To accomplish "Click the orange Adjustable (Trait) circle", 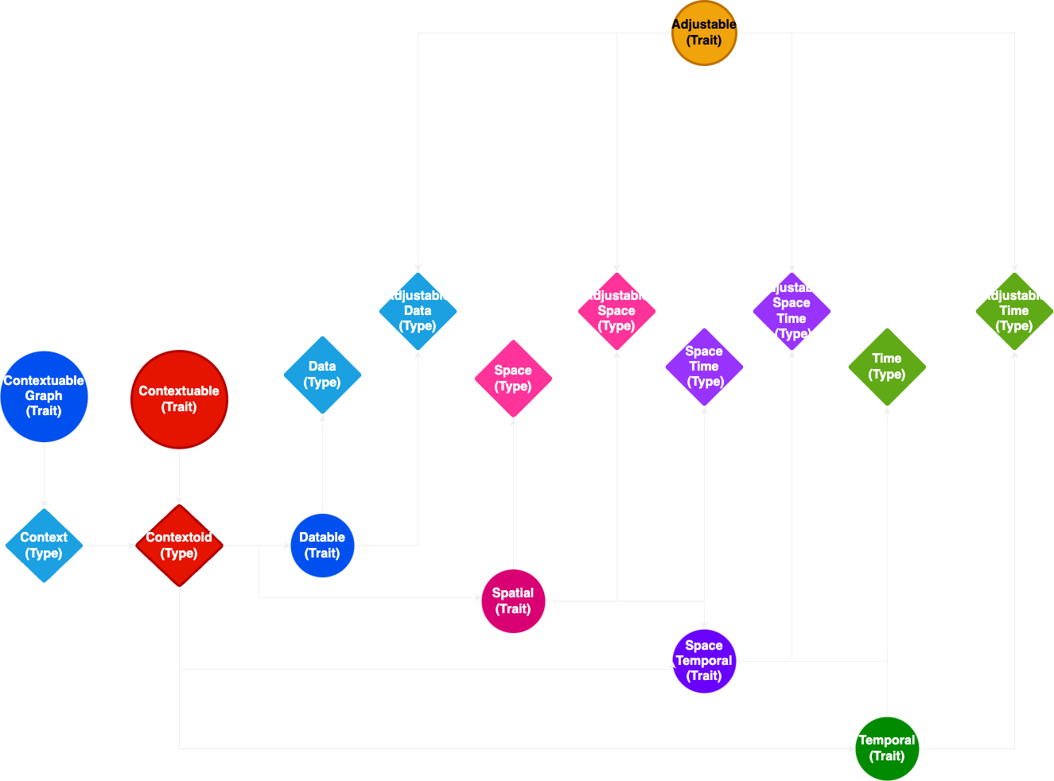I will [704, 33].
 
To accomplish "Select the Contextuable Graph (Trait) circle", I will [44, 396].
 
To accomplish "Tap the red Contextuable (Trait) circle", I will [179, 399].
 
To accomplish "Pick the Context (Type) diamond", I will [44, 546].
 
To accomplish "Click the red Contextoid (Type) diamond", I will [179, 546].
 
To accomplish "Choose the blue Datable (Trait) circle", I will [322, 546].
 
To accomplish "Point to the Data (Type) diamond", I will [322, 375].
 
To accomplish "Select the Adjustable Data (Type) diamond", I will [418, 311].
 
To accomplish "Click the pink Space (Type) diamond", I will [513, 379].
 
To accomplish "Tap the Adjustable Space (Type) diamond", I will [616, 311].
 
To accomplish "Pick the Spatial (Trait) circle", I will [513, 601].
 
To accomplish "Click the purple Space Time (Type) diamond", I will [704, 367].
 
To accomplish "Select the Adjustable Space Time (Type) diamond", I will [791, 311].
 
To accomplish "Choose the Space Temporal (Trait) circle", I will [704, 661].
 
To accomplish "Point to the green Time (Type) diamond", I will [887, 367].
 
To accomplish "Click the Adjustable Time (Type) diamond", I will [1014, 311].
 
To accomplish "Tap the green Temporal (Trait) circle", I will [887, 748].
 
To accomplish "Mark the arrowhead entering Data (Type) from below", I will [322, 419].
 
